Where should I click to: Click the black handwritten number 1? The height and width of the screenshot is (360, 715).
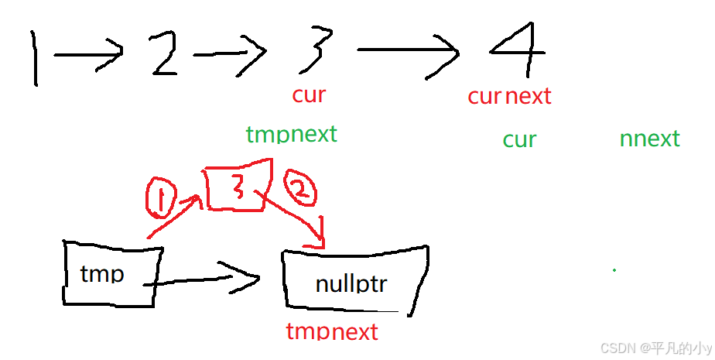[35, 57]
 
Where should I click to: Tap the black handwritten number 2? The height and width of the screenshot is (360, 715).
[163, 53]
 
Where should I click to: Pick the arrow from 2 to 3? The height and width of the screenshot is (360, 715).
[229, 53]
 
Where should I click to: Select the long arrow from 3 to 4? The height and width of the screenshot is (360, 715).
[408, 53]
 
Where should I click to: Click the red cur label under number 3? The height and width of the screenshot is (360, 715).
[309, 95]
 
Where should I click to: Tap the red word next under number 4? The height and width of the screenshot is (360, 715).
[529, 97]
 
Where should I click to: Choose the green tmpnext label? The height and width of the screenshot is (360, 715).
[292, 135]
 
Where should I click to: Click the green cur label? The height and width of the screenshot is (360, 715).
[519, 140]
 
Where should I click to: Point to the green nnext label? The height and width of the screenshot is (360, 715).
[649, 139]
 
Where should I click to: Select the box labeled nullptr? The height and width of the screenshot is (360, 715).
[353, 282]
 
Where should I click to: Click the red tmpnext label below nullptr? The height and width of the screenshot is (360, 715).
[332, 332]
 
